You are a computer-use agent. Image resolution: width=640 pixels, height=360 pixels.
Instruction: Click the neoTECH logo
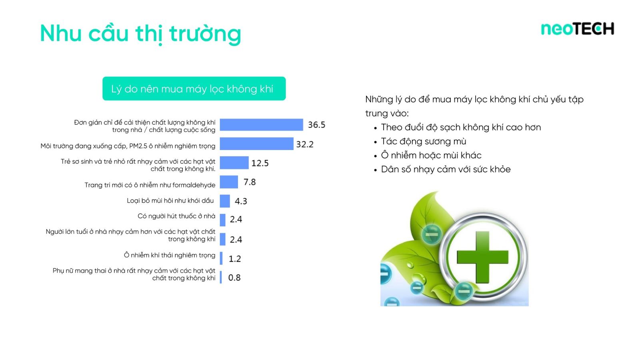pyautogui.click(x=578, y=29)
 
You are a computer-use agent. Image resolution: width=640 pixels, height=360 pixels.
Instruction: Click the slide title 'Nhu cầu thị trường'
pyautogui.click(x=140, y=34)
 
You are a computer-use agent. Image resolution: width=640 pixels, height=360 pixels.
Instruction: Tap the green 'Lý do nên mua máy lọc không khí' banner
pyautogui.click(x=194, y=88)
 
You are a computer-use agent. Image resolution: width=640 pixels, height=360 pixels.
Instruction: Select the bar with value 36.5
pyautogui.click(x=262, y=125)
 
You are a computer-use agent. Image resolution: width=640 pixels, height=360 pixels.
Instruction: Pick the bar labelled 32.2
pyautogui.click(x=256, y=144)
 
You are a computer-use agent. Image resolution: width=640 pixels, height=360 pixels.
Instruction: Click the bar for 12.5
pyautogui.click(x=234, y=163)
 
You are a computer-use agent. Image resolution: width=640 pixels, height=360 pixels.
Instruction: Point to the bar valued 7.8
pyautogui.click(x=229, y=182)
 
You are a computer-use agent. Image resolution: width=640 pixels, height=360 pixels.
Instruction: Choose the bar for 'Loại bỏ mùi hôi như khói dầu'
pyautogui.click(x=225, y=201)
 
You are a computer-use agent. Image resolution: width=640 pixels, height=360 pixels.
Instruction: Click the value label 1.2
pyautogui.click(x=235, y=259)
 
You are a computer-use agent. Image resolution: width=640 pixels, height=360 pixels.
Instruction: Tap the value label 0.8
pyautogui.click(x=234, y=278)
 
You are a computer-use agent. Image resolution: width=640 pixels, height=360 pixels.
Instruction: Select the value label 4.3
pyautogui.click(x=241, y=202)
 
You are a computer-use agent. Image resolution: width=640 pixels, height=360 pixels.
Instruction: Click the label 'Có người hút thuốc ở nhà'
pyautogui.click(x=176, y=216)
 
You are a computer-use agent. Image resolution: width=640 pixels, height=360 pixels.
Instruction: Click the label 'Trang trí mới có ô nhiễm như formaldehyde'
pyautogui.click(x=150, y=185)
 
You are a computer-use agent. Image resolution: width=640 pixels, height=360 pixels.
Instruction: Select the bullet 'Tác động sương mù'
pyautogui.click(x=424, y=142)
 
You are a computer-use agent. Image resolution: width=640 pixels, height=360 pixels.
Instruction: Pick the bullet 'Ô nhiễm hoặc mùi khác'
pyautogui.click(x=431, y=156)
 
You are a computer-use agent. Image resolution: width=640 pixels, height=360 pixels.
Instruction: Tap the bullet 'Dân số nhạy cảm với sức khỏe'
pyautogui.click(x=446, y=170)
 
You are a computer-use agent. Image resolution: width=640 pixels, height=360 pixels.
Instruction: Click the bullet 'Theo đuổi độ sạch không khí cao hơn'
pyautogui.click(x=461, y=128)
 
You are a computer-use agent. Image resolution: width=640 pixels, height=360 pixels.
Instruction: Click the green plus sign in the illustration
pyautogui.click(x=482, y=257)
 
